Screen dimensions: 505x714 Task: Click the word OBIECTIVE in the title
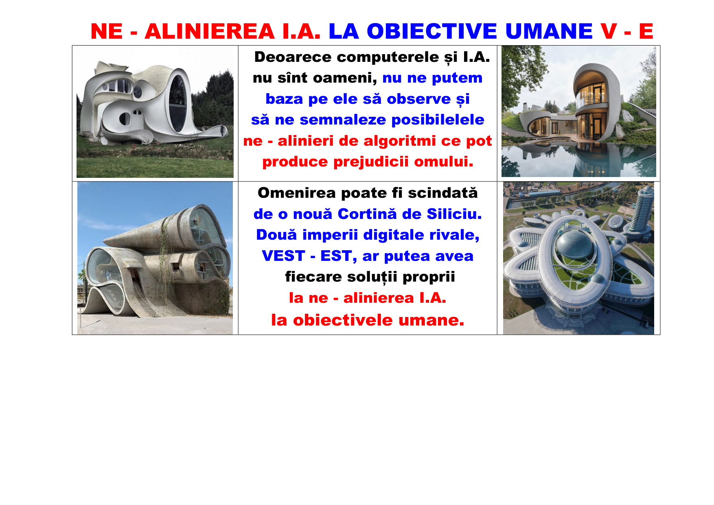coord(432,31)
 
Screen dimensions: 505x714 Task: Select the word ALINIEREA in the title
coord(210,31)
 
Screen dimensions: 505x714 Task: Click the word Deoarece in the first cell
coord(293,57)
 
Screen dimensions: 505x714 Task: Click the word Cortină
coord(367,214)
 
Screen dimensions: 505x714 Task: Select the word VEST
coord(283,256)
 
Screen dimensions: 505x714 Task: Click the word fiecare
coord(313,277)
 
